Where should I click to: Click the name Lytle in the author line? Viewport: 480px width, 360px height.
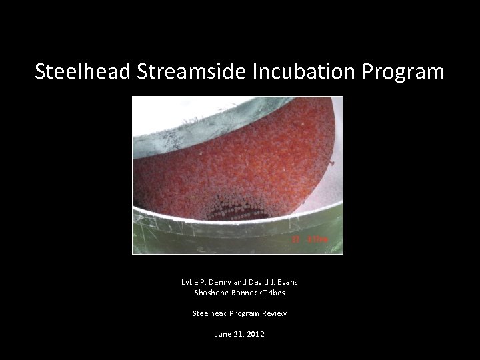click(190, 282)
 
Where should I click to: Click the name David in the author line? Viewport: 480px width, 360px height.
click(257, 282)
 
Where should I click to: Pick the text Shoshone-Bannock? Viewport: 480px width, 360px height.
click(221, 292)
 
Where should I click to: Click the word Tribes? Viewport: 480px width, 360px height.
click(269, 292)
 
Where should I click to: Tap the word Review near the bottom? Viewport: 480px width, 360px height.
click(274, 313)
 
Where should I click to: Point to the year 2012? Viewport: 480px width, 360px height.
click(255, 333)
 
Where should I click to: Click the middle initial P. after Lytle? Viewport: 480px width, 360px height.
click(205, 282)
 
